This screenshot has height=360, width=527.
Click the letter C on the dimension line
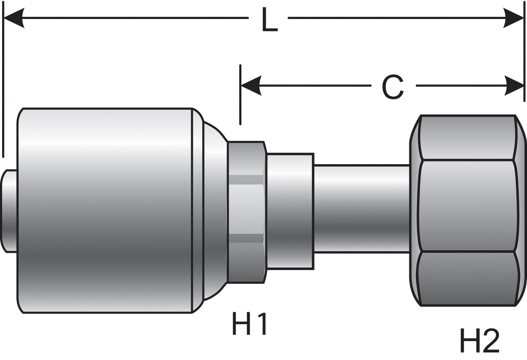(x=393, y=88)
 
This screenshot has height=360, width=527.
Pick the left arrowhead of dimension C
(x=251, y=86)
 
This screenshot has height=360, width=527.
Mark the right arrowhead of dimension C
(x=514, y=86)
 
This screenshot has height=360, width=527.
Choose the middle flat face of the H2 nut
(x=467, y=206)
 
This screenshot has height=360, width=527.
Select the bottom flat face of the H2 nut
(x=467, y=278)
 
